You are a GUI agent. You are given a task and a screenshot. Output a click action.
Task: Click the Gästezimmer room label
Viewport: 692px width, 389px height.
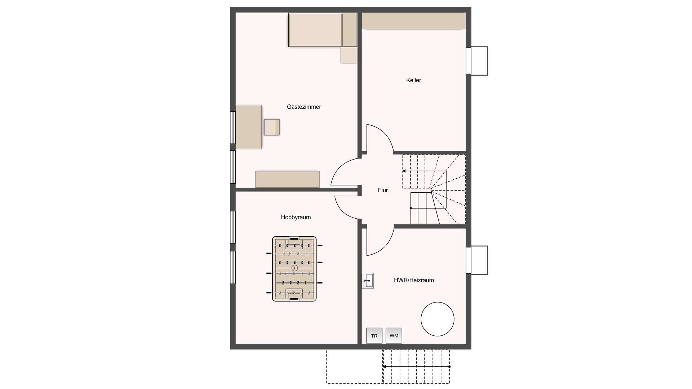tap(304, 107)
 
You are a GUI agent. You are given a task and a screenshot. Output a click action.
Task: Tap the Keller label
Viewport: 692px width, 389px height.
tap(413, 80)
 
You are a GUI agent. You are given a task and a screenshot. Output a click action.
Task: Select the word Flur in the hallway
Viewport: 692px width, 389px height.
tap(383, 190)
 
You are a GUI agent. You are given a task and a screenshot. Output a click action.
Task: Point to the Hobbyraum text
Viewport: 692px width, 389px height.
tap(296, 217)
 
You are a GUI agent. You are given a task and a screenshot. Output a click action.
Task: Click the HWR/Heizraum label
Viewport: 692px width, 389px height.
tap(414, 280)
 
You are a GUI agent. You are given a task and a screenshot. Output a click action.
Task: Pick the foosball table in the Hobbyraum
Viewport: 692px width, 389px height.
tap(294, 269)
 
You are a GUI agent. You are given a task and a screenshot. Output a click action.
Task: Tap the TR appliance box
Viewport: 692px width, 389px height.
tap(374, 336)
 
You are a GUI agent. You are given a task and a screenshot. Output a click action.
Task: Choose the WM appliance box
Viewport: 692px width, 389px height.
tap(394, 336)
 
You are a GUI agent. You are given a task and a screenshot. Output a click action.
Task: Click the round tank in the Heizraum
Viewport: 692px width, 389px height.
tap(438, 319)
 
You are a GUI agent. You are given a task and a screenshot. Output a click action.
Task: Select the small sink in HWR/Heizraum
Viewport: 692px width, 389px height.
tap(368, 281)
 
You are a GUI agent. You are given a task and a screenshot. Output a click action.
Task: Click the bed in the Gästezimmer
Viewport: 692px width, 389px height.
tap(323, 30)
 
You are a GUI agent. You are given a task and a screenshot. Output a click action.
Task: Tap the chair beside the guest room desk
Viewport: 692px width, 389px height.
tap(272, 127)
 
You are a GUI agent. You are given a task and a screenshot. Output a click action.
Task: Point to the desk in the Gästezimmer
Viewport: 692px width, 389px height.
tap(249, 127)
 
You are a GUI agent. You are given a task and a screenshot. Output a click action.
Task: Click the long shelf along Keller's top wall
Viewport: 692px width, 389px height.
tap(413, 21)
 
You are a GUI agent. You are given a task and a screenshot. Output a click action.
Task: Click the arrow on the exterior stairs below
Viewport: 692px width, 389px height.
tap(416, 367)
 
